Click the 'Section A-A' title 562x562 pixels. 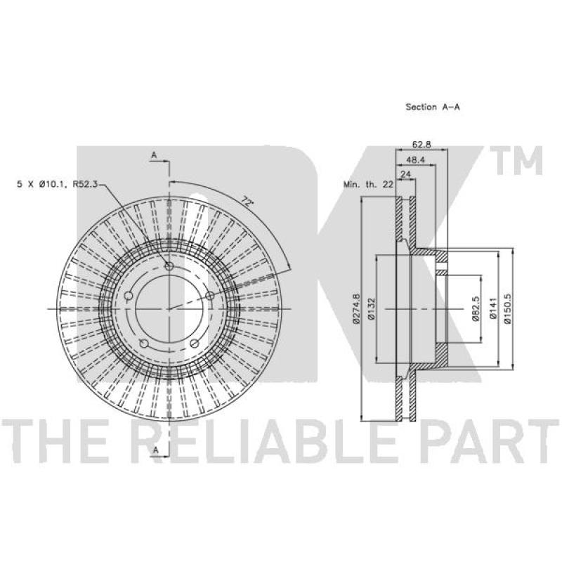[432, 107]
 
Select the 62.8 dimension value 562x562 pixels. [421, 145]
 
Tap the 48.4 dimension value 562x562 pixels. [415, 160]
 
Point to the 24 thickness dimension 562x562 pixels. [405, 174]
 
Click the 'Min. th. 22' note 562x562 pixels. [368, 185]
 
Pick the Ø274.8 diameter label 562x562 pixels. [356, 308]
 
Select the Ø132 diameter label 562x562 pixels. [372, 308]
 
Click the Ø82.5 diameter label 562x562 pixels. [476, 308]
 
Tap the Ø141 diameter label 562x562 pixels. [493, 308]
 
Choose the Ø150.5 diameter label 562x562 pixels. [508, 308]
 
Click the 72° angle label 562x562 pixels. [247, 201]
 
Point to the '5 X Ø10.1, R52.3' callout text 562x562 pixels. [58, 185]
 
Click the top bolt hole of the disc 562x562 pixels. [169, 266]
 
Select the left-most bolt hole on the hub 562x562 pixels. [129, 296]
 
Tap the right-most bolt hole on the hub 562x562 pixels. [210, 296]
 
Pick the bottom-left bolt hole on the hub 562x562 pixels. [144, 344]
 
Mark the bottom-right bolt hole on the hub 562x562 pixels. [195, 344]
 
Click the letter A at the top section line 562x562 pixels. [154, 155]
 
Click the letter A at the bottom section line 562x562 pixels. [155, 450]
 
